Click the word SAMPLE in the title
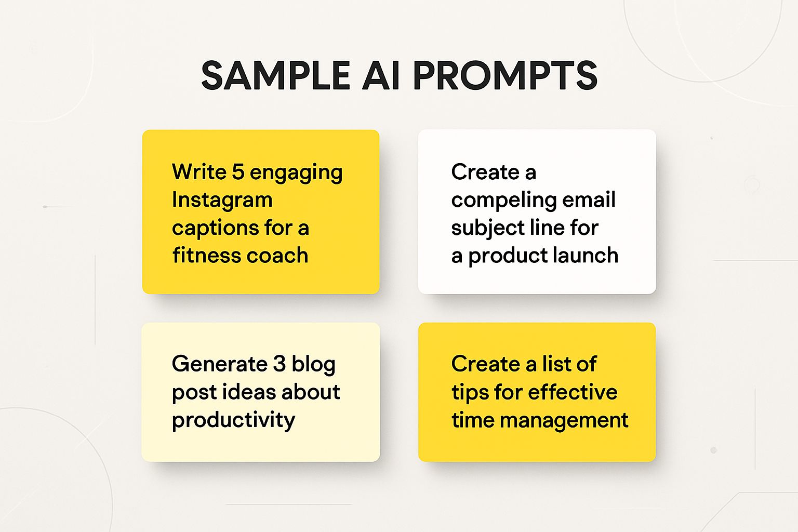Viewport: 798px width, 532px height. pos(275,75)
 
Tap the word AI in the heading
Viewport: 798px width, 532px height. pos(381,75)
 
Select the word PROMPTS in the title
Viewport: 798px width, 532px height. pos(505,75)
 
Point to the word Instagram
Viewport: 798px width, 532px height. pos(222,200)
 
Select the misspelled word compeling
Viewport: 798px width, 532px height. pos(504,200)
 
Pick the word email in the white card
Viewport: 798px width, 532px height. pos(589,199)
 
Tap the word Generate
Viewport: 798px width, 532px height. pos(219,364)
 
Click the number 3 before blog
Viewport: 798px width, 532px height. pos(280,364)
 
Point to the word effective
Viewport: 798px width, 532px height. pos(573,392)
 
